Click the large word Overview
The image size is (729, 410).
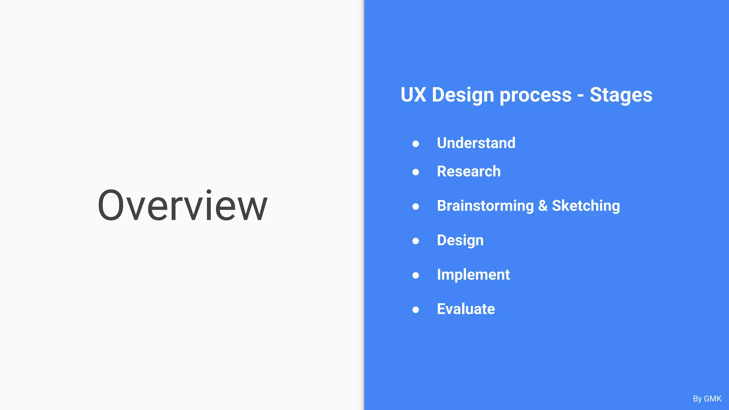(182, 206)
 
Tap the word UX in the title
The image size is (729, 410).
(413, 95)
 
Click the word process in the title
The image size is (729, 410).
(535, 95)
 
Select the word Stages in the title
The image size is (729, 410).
(621, 95)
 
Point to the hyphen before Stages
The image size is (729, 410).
(581, 96)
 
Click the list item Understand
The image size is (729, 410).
(476, 143)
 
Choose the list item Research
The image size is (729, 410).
(468, 172)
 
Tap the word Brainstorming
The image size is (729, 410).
(485, 206)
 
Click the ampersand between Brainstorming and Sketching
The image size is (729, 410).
(543, 206)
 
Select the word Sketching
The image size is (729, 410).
(586, 206)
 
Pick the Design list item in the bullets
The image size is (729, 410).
(460, 241)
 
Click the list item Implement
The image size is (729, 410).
(473, 275)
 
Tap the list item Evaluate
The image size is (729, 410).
(466, 309)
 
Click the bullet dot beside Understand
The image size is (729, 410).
(415, 144)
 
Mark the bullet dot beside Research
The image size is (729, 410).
(415, 172)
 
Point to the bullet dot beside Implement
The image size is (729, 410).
(415, 275)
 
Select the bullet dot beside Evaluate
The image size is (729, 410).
(415, 310)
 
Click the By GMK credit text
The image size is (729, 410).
(707, 399)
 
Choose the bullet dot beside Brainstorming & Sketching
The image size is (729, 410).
(415, 206)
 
